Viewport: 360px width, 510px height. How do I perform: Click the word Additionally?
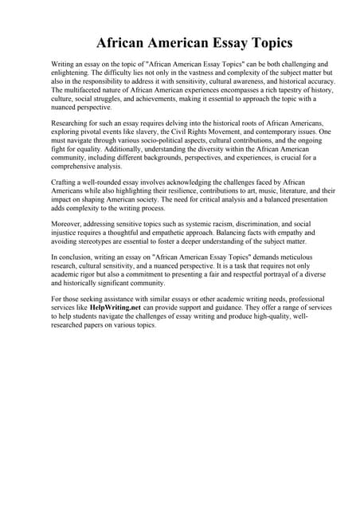coord(129,150)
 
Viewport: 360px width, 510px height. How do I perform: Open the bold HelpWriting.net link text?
coord(115,308)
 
